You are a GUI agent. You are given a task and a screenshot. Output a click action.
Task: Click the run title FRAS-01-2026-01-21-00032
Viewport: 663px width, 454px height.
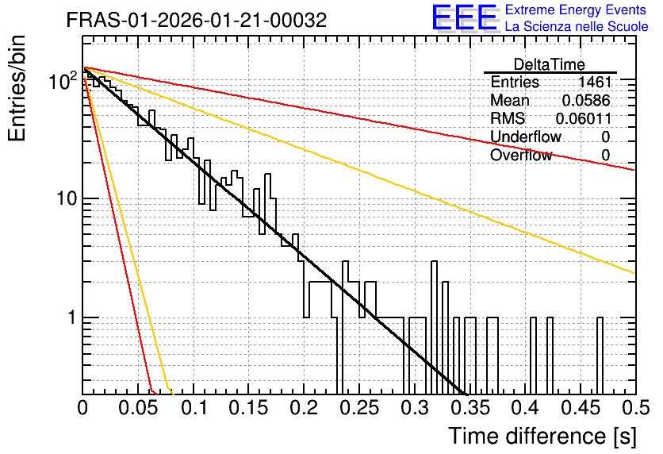click(197, 20)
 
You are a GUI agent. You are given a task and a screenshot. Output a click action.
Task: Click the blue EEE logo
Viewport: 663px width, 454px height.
click(465, 17)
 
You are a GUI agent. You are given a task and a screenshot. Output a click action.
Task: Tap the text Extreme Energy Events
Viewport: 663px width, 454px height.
click(576, 10)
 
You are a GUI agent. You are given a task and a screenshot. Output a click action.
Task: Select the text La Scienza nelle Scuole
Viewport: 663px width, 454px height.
click(577, 26)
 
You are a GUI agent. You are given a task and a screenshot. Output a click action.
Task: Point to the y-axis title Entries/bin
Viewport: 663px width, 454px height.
click(17, 88)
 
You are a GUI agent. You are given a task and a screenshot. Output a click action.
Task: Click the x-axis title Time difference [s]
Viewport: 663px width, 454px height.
click(542, 436)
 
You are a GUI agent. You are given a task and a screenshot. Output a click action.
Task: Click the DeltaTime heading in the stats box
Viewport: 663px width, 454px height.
click(550, 64)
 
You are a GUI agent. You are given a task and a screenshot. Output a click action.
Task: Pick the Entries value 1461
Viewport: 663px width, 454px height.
click(595, 82)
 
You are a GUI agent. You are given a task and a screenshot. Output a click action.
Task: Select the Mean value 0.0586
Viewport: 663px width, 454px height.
click(586, 100)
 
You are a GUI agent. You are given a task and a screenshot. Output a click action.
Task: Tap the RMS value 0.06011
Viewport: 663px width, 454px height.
click(584, 118)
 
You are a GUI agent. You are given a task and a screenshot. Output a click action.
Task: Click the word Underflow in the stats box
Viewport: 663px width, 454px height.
click(526, 137)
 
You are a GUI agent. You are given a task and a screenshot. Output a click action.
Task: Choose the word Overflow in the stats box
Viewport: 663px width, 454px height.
click(521, 156)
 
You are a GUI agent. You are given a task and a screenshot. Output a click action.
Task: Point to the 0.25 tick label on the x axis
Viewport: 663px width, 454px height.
click(360, 408)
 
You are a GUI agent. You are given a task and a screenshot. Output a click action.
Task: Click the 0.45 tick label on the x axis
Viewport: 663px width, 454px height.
click(581, 408)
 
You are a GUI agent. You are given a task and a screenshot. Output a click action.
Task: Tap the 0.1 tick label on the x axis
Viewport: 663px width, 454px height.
click(194, 408)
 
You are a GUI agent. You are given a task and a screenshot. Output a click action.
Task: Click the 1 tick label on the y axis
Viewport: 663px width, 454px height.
click(72, 317)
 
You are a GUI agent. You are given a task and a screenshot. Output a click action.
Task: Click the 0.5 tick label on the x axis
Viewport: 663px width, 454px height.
click(636, 408)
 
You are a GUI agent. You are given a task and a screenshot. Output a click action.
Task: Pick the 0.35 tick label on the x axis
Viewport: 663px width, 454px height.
click(470, 408)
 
